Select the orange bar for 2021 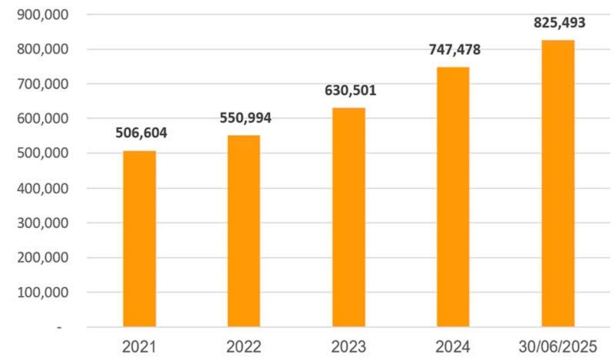click(140, 239)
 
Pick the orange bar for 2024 click(453, 197)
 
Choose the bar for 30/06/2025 click(558, 183)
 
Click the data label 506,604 click(140, 133)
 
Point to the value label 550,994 click(245, 118)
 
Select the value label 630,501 click(349, 91)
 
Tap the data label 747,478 click(454, 51)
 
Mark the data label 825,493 click(559, 23)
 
